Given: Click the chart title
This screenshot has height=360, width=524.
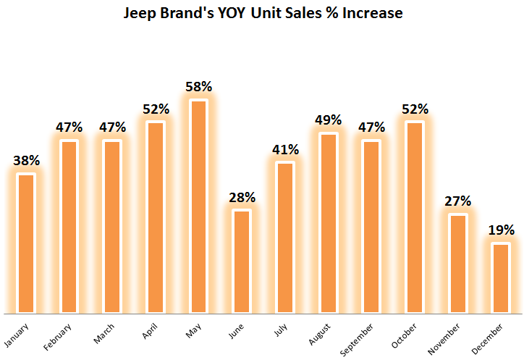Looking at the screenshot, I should pyautogui.click(x=263, y=13).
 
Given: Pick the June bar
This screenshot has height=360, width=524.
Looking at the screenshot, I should pyautogui.click(x=242, y=261).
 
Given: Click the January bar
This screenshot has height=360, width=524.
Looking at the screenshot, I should pyautogui.click(x=26, y=243).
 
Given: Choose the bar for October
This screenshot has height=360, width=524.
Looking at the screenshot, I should pyautogui.click(x=415, y=217).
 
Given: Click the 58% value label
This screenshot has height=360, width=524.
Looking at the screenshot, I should pyautogui.click(x=198, y=87).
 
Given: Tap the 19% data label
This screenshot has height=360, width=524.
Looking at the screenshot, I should pyautogui.click(x=501, y=230).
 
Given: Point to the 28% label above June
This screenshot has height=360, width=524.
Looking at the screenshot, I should pyautogui.click(x=242, y=197).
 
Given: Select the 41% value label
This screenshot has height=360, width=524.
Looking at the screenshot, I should pyautogui.click(x=285, y=150).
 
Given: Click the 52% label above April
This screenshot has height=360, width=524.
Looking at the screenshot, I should pyautogui.click(x=156, y=109).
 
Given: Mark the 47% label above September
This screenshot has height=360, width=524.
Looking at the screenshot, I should pyautogui.click(x=371, y=127).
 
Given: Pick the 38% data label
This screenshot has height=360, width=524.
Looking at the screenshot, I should pyautogui.click(x=26, y=161).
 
